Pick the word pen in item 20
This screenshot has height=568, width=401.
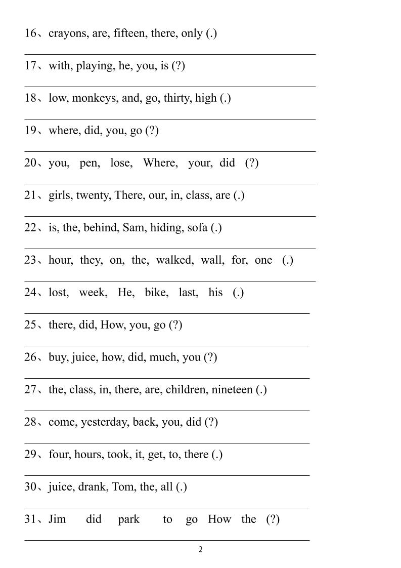pos(90,163)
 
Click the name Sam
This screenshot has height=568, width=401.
pos(133,228)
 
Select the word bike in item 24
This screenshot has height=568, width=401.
pos(156,293)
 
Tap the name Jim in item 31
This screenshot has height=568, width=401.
pos(57,519)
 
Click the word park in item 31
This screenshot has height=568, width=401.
pos(128,520)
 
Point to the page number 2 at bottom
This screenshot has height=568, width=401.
pos(201,550)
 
